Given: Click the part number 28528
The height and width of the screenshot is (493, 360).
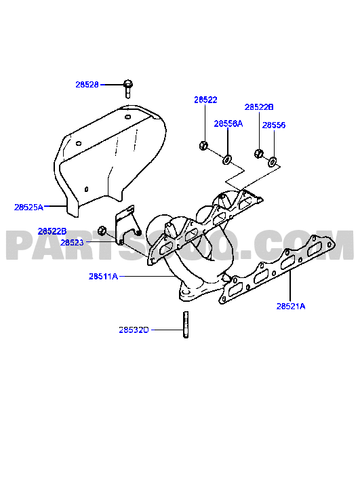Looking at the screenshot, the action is point(87,85).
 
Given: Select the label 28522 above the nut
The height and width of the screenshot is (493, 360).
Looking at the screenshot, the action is point(205,100).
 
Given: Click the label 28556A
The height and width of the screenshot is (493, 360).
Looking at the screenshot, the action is point(228,124).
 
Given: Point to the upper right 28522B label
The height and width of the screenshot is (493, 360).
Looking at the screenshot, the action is point(259,107).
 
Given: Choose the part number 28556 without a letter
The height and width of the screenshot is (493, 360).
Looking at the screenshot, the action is point(274,125).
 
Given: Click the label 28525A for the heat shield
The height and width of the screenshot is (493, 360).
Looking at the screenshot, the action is point(28,208).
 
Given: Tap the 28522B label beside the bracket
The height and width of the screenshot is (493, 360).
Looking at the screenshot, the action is point(52,231).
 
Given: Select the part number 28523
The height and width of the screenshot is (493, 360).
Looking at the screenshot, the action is point(72,243).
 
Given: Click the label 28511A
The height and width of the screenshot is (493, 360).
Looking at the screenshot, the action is point(103,277).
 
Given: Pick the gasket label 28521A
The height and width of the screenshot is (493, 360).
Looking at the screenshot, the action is point(291,306).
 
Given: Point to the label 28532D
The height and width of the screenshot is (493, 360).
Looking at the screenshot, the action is point(134,330).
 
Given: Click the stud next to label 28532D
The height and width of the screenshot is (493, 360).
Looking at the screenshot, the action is point(186,325).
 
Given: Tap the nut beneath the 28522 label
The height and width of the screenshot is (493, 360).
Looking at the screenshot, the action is point(203,146).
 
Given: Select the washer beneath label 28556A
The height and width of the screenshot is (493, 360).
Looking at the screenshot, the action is point(227,160).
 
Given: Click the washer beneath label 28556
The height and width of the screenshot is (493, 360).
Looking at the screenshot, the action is point(272,162).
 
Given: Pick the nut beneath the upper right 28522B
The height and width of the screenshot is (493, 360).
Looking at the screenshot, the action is point(258,153).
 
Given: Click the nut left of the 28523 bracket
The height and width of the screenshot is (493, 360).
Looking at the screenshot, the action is point(101,230).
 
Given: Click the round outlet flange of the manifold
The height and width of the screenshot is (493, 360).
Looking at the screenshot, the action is point(188,292).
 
